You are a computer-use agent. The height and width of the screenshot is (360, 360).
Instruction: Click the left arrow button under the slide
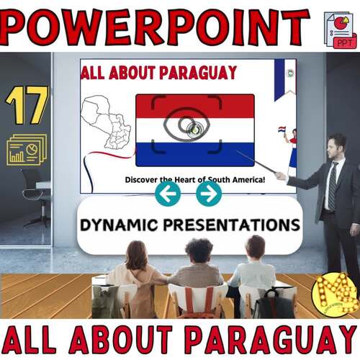click(x=168, y=193)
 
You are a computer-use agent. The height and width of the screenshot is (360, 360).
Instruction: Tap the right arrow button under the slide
click(x=209, y=193)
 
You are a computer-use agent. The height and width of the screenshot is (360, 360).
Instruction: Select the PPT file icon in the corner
click(x=339, y=30)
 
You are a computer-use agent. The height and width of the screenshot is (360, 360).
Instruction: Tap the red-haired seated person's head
click(x=137, y=255)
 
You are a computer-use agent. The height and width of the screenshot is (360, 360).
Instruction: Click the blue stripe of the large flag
click(x=194, y=153)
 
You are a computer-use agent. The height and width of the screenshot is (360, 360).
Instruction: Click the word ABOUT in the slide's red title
click(x=141, y=73)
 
